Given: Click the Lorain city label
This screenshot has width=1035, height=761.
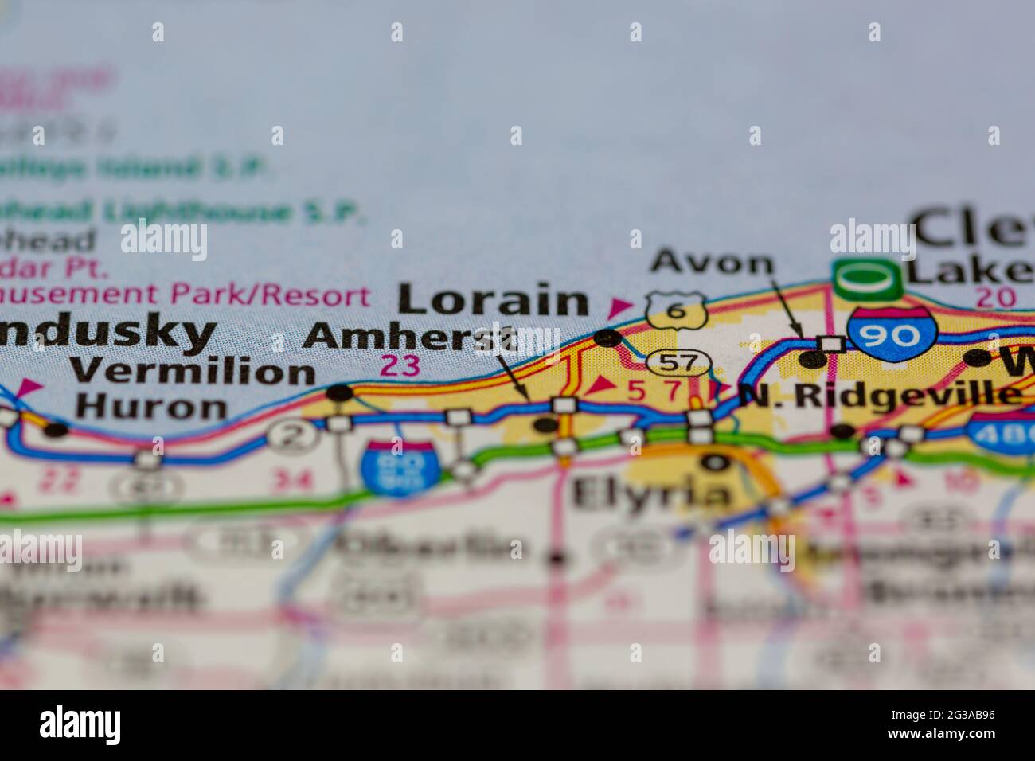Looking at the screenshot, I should (x=493, y=301).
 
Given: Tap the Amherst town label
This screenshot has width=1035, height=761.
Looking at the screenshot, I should (x=409, y=336).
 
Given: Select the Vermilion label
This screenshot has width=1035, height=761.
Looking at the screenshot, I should (x=192, y=371).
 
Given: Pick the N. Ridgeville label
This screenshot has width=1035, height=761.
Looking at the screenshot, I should (x=880, y=393).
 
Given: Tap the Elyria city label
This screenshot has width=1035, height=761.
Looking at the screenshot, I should (x=650, y=494).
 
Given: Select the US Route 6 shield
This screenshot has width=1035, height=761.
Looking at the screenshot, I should (x=676, y=310).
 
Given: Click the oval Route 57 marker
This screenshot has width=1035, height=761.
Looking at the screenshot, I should (x=678, y=363).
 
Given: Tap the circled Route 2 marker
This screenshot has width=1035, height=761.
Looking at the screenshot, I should (x=287, y=435).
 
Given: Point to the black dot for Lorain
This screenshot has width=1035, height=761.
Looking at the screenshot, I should (x=609, y=338).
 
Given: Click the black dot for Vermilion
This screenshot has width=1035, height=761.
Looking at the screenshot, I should (x=341, y=392).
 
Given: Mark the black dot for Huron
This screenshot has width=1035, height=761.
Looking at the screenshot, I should (x=56, y=431).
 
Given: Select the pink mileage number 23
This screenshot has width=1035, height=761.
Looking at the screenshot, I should (x=400, y=366).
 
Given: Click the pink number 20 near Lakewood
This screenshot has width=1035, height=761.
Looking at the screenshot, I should (x=995, y=297).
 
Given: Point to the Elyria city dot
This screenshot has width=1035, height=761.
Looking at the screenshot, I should (x=715, y=462).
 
